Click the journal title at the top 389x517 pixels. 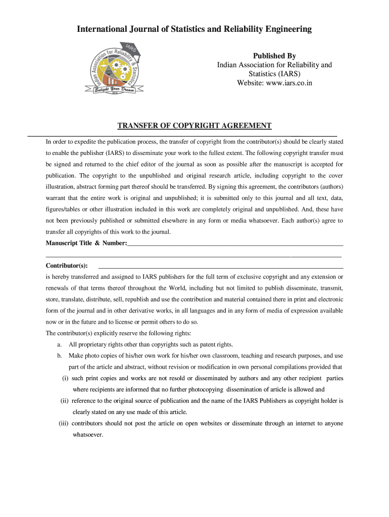(x=194, y=29)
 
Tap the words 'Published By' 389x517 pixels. (x=274, y=56)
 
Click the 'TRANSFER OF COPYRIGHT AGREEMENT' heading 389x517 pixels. (x=194, y=126)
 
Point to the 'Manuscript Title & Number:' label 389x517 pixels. (x=86, y=243)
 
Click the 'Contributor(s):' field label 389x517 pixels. (x=67, y=266)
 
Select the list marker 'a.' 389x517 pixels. (x=60, y=344)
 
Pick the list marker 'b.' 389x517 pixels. (x=60, y=356)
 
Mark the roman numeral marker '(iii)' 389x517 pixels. (x=64, y=423)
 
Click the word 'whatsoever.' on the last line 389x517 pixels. (x=88, y=434)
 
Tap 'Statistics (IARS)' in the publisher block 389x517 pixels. (x=274, y=74)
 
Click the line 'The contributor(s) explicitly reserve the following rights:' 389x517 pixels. (x=118, y=333)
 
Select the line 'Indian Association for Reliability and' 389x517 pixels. (x=274, y=65)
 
